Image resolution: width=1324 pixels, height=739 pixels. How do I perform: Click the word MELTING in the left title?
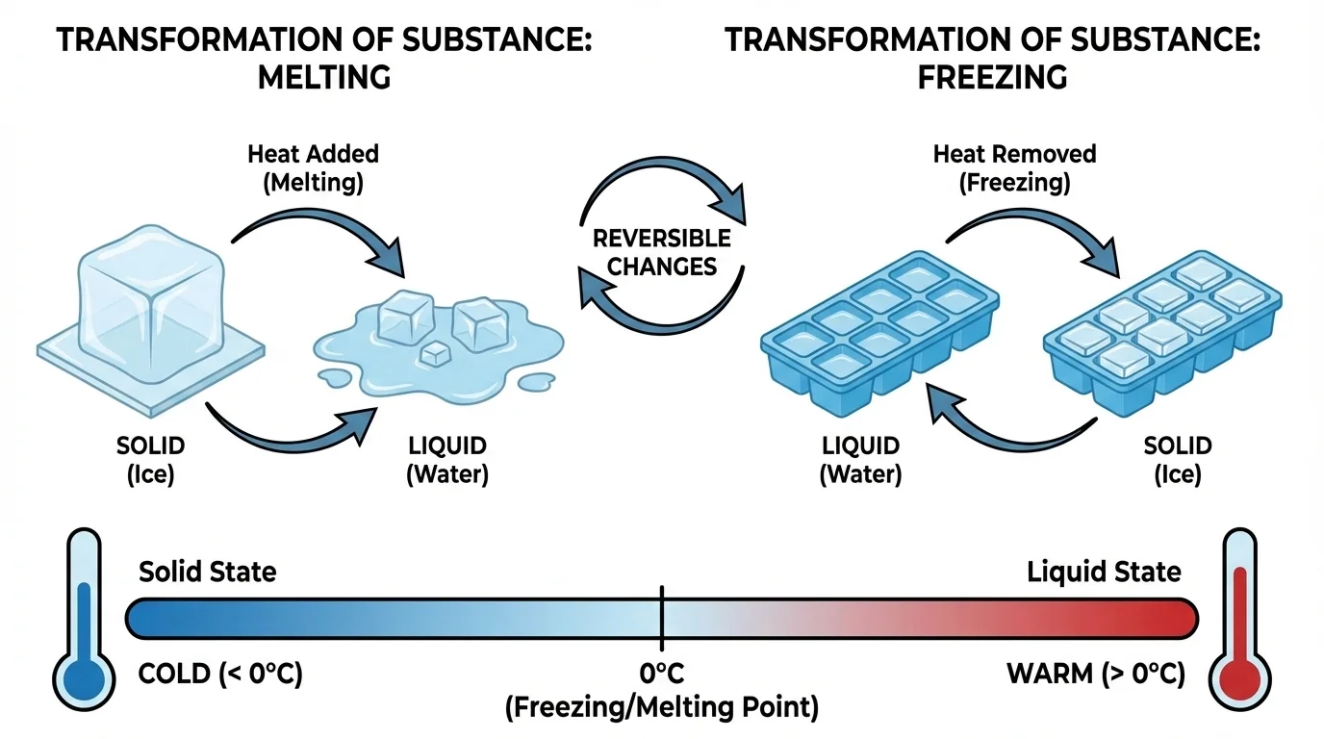324,76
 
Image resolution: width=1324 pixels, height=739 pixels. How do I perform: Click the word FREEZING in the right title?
992,76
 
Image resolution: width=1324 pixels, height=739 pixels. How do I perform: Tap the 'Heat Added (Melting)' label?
314,167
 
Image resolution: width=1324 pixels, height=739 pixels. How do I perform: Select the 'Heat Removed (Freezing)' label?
1014,167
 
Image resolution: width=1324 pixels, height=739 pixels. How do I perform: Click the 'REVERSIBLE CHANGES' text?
662,252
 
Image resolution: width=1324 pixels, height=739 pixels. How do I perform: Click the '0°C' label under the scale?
662,674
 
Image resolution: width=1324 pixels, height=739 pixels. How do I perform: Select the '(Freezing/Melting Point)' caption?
662,708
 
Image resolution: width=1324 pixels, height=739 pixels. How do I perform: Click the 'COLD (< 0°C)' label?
220,674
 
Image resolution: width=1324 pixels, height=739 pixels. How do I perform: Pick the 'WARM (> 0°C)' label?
1096,674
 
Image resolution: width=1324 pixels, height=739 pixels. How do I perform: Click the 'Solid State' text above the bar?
208,572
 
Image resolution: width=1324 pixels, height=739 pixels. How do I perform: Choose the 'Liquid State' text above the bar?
1104,572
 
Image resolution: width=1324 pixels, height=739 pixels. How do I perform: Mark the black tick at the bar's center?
662,617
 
